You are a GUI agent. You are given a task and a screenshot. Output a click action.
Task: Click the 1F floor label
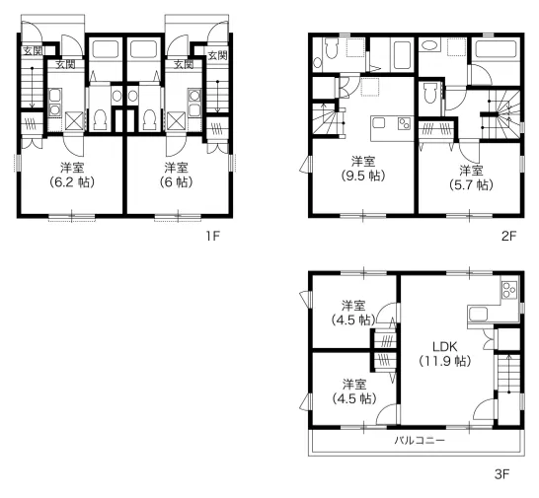pyautogui.click(x=212, y=236)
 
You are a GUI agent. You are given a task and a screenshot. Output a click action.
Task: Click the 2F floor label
pyautogui.click(x=509, y=236)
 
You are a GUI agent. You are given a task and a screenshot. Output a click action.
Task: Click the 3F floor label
pyautogui.click(x=501, y=474)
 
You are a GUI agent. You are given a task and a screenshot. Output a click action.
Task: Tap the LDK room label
pyautogui.click(x=445, y=346)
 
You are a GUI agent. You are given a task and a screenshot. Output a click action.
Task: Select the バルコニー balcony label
pyautogui.click(x=420, y=440)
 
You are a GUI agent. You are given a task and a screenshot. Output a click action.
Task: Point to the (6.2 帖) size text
pyautogui.click(x=72, y=181)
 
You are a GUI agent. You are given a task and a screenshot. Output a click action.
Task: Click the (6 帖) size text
pyautogui.click(x=176, y=181)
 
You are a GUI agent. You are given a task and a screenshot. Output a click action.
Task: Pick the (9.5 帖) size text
pyautogui.click(x=363, y=176)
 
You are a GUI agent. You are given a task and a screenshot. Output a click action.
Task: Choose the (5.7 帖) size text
pyautogui.click(x=471, y=185)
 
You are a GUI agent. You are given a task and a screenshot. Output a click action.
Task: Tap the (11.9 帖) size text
pyautogui.click(x=445, y=361)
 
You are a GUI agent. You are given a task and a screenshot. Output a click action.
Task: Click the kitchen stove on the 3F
pyautogui.click(x=509, y=290)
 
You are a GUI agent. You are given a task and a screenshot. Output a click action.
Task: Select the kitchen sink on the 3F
pyautogui.click(x=478, y=314)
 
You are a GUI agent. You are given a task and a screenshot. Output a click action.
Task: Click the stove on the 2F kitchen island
pyautogui.click(x=404, y=123)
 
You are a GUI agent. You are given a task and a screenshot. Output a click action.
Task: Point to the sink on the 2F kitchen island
pyautogui.click(x=379, y=122)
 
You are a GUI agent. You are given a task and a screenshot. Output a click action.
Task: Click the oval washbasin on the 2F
pyautogui.click(x=428, y=45)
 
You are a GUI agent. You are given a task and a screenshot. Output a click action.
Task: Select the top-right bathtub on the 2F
pyautogui.click(x=496, y=49)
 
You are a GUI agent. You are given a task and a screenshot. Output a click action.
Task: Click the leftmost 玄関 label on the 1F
pyautogui.click(x=33, y=51)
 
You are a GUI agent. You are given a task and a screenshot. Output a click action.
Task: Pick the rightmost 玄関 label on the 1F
pyautogui.click(x=218, y=55)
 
